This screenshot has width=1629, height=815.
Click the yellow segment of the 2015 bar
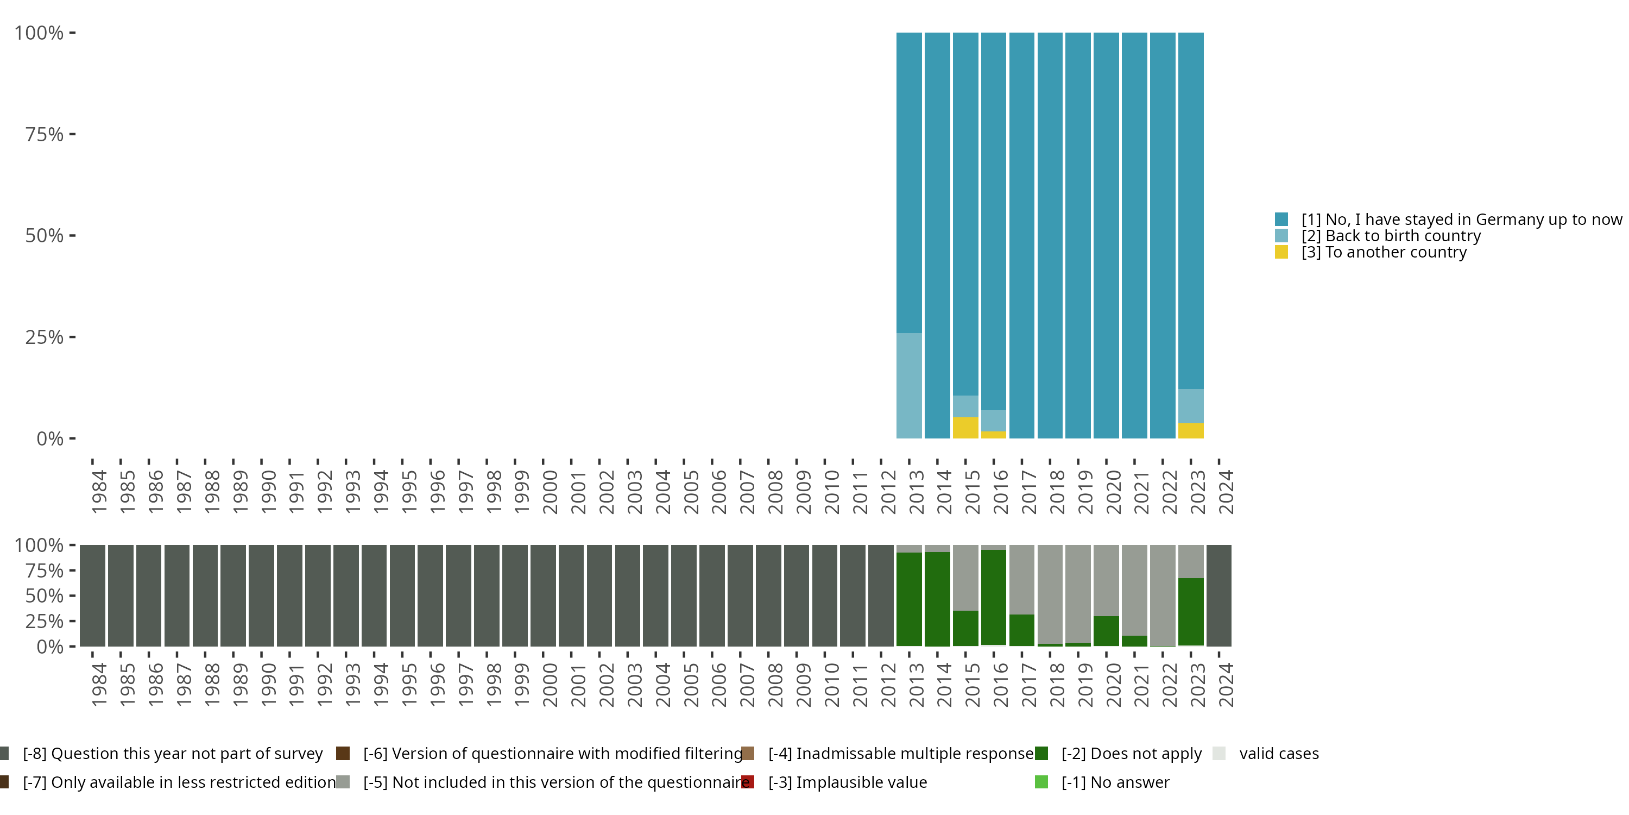pyautogui.click(x=965, y=428)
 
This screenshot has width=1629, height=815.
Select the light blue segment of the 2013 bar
pyautogui.click(x=909, y=385)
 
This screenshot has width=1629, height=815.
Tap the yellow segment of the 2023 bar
pyautogui.click(x=1190, y=431)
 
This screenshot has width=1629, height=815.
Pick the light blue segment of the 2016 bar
pyautogui.click(x=994, y=421)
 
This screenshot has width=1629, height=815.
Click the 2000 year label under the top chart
pyautogui.click(x=550, y=492)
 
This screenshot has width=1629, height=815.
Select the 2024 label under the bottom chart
pyautogui.click(x=1226, y=685)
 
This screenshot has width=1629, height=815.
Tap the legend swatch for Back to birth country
pyautogui.click(x=1281, y=236)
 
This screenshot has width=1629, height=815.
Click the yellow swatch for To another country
pyautogui.click(x=1281, y=253)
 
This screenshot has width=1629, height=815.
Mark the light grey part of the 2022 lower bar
pyautogui.click(x=1163, y=595)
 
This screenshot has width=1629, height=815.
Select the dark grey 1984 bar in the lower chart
pyautogui.click(x=92, y=595)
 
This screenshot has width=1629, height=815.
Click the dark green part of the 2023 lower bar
pyautogui.click(x=1190, y=611)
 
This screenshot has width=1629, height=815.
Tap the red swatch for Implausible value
pyautogui.click(x=748, y=782)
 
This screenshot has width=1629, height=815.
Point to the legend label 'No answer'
pyautogui.click(x=1115, y=782)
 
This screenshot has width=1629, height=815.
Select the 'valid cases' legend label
pyautogui.click(x=1279, y=754)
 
